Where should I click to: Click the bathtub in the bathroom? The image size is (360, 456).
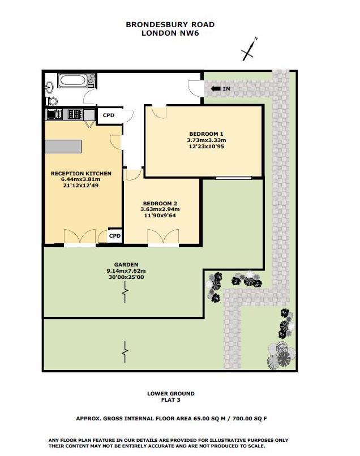point(72,80)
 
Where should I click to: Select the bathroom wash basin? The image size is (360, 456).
point(50,87)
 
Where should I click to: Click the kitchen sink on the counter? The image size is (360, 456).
point(55,114)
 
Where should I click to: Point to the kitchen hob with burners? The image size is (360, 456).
point(74,114)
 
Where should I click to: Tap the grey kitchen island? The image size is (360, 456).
point(63,146)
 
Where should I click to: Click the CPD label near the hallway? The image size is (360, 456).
point(108,115)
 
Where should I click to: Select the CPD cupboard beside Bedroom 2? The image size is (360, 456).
point(115,235)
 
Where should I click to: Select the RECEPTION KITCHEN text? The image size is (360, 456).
point(81,173)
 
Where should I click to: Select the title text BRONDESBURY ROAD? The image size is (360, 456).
point(170,25)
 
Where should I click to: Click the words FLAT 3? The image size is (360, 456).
point(170,400)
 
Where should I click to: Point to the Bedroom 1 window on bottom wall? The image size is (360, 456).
point(233,178)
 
